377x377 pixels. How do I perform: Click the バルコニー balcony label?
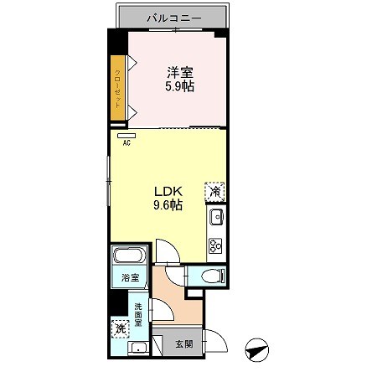(x=172, y=17)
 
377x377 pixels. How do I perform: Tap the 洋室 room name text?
(x=178, y=72)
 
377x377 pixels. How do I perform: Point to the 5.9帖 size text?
(x=178, y=86)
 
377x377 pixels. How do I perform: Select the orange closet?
(x=119, y=86)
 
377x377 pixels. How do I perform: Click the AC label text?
(x=127, y=142)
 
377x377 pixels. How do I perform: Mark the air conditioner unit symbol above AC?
(x=127, y=134)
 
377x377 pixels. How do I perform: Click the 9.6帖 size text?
(x=168, y=204)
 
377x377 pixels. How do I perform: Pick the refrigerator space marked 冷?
(x=214, y=192)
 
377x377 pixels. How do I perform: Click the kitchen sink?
(x=215, y=219)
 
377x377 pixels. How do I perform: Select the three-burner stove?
(x=215, y=245)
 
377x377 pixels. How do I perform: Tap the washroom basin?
(x=139, y=350)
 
